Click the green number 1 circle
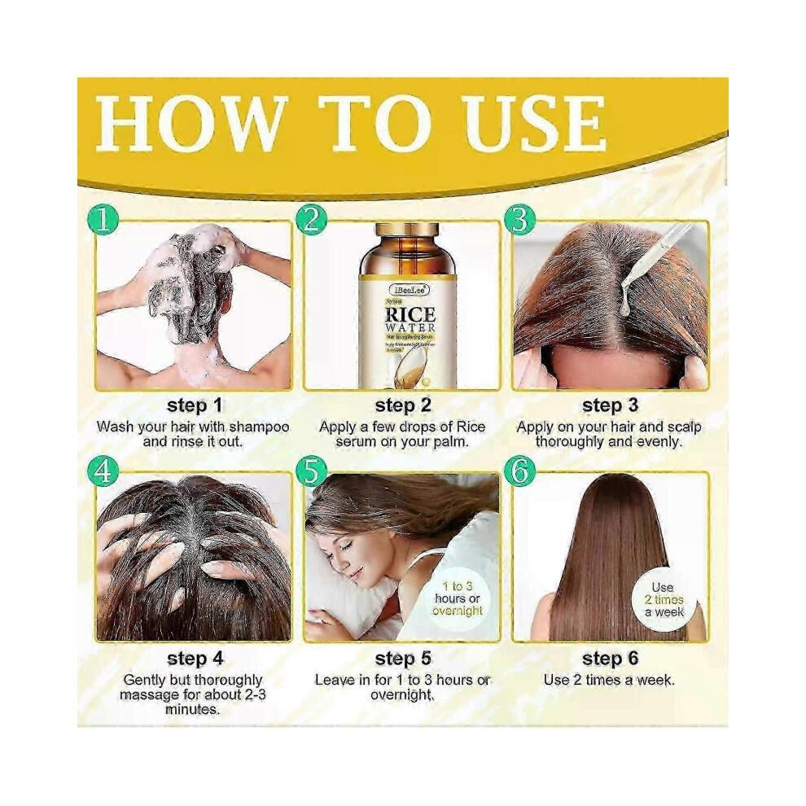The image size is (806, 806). point(103,219)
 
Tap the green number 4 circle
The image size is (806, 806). point(103,471)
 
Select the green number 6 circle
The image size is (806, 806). point(519,471)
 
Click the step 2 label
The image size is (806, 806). point(402,405)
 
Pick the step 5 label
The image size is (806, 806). point(402,657)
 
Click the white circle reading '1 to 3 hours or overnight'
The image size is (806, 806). point(458,598)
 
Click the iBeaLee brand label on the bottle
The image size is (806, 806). point(408,289)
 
